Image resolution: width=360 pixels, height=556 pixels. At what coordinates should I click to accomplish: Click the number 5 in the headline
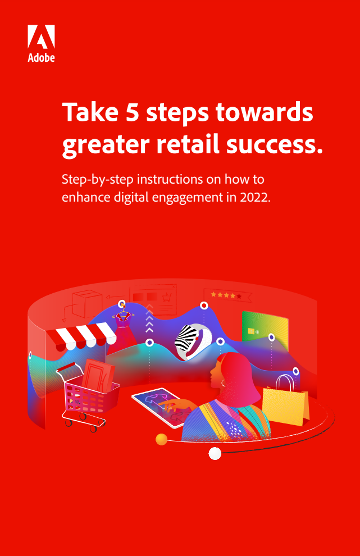coord(132,112)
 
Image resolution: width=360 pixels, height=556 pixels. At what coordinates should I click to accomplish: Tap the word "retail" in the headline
coord(188,144)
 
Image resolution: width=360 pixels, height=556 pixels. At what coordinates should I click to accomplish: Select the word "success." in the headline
coord(275,145)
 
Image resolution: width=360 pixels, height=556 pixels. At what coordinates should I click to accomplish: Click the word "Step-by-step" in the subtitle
coord(98,180)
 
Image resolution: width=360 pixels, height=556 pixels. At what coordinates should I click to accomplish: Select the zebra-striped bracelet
coord(193,343)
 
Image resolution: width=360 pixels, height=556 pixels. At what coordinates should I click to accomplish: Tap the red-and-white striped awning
coord(81,335)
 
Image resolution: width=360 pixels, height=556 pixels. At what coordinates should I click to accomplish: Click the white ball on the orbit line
coord(215,453)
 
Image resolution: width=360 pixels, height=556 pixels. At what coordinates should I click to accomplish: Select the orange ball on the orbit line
coord(161,439)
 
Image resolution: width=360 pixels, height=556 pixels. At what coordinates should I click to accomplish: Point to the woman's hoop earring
coord(224,383)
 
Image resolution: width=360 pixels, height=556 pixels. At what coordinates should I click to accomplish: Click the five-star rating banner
coord(227,295)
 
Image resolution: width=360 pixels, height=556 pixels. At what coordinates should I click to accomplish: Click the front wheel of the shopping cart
coord(93,429)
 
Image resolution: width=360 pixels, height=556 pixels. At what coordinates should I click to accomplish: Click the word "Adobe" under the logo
coord(41,57)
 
